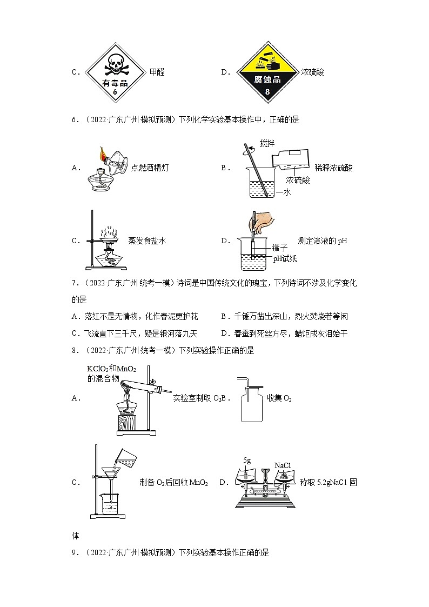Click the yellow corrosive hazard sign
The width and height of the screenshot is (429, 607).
[x=267, y=72]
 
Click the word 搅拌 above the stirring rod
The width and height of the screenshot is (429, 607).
[x=267, y=144]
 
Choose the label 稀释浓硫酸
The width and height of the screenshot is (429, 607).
[x=333, y=168]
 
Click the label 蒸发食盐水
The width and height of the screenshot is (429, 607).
[x=147, y=241]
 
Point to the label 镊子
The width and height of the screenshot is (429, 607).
[x=280, y=248]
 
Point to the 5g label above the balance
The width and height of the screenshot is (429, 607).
[x=247, y=461]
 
